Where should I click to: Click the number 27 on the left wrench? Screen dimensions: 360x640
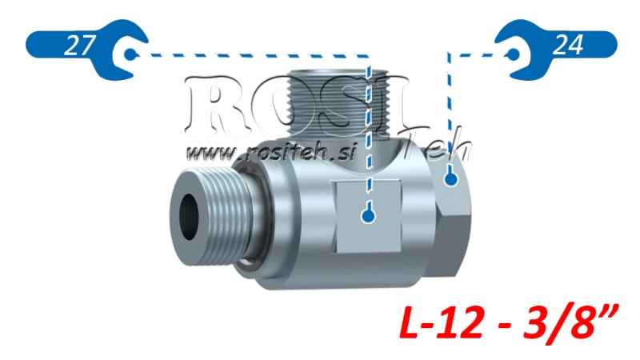coord(77,46)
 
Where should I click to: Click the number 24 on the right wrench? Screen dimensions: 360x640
coord(567,46)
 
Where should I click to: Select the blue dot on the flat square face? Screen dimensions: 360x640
coord(368,215)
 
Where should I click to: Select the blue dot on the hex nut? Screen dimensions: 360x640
coord(450,180)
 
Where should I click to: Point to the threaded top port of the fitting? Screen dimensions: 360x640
coord(337,100)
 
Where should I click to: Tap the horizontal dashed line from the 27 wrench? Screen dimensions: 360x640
coord(248,55)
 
